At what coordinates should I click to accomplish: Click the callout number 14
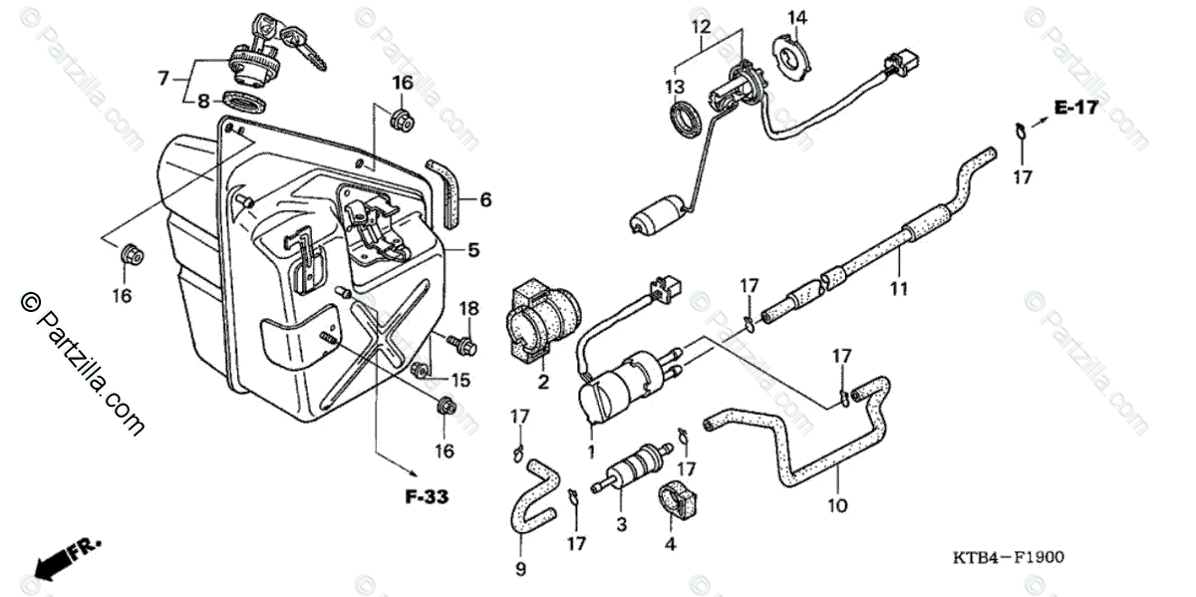click(797, 17)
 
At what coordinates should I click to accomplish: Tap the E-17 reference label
click(1077, 108)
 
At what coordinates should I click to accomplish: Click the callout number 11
click(899, 289)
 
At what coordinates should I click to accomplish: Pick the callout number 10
click(837, 505)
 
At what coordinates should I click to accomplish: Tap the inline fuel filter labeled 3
click(625, 471)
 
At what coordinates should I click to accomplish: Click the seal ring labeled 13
click(685, 118)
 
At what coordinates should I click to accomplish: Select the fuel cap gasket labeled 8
click(241, 101)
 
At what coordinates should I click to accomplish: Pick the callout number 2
click(544, 381)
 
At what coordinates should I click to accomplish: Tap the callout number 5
click(474, 249)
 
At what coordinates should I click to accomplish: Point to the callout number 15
click(459, 380)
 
